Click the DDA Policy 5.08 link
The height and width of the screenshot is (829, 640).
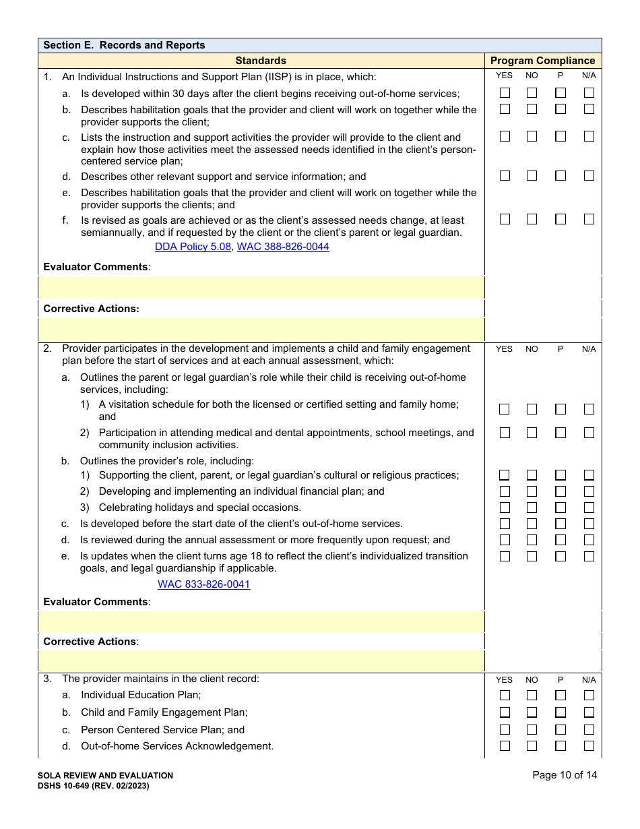point(193,247)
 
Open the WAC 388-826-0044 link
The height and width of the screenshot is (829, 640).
point(283,247)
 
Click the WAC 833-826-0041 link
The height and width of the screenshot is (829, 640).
point(203,584)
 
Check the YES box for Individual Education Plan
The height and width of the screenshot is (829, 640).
point(505,696)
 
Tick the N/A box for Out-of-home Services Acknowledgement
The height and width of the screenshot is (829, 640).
point(589,746)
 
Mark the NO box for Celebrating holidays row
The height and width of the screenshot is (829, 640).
point(532,508)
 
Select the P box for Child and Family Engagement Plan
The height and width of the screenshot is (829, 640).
point(561,712)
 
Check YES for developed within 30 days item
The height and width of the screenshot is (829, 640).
point(505,93)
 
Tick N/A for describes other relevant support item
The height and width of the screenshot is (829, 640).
point(589,176)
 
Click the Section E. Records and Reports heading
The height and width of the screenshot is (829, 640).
point(124,45)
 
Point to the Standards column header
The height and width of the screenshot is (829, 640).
point(261,61)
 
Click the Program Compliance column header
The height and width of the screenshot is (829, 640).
point(543,61)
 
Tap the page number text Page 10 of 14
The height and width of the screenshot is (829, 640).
point(565,775)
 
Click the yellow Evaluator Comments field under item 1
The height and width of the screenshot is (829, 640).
point(261,287)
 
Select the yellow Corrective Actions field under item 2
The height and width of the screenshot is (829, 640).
point(261,661)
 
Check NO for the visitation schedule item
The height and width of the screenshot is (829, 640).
point(532,409)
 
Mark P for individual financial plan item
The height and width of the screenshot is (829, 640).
point(561,491)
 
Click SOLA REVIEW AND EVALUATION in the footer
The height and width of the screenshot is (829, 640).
point(106,776)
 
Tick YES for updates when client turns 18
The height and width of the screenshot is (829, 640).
point(505,557)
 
